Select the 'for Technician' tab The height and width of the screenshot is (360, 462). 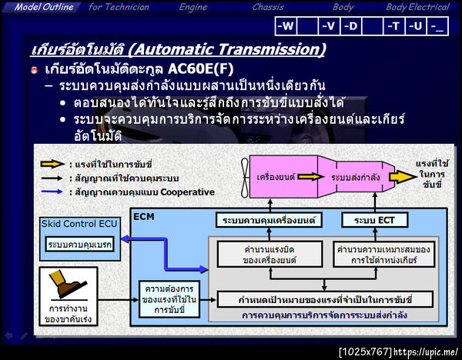coord(118,7)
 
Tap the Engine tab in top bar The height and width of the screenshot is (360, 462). coord(192,7)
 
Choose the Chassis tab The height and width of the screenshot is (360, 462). coord(268,7)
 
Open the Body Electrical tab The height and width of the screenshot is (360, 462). coord(417,7)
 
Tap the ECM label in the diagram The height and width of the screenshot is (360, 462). coord(143,216)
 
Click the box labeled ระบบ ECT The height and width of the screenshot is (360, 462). coord(375,221)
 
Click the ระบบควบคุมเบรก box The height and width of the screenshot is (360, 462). coord(80,245)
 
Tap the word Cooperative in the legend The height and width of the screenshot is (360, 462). coord(184,192)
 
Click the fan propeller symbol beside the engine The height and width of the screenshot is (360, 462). coord(244,176)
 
